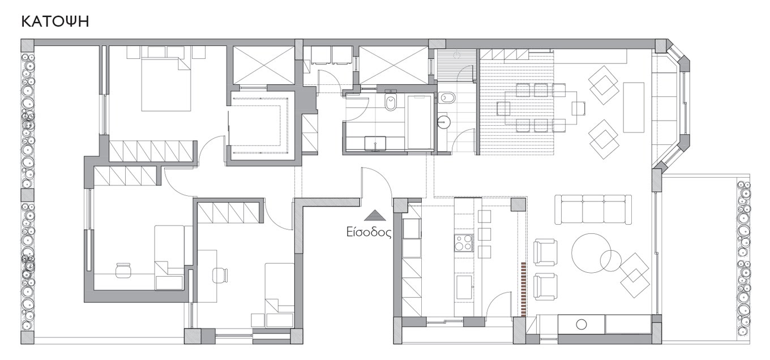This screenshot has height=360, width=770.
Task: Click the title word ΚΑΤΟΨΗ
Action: tap(55, 22)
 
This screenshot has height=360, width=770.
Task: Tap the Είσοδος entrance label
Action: tap(369, 233)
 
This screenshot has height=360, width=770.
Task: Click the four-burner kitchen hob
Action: tap(464, 242)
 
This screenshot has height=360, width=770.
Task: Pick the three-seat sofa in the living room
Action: tap(593, 209)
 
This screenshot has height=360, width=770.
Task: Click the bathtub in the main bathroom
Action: tap(420, 122)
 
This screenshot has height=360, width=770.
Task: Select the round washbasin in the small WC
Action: tap(444, 121)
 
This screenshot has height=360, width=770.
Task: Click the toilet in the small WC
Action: tap(447, 98)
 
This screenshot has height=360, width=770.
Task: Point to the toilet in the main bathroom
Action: tap(391, 101)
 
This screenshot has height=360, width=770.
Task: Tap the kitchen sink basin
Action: tap(464, 287)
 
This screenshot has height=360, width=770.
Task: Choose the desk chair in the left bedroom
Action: tap(123, 270)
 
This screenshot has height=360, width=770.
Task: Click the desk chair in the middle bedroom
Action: tap(220, 275)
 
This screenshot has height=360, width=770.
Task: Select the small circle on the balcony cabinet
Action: tap(581, 324)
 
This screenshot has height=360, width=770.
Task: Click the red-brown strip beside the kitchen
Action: tap(524, 289)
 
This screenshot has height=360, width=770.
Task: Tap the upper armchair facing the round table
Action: tap(545, 252)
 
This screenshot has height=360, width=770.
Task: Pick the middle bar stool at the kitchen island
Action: tap(484, 234)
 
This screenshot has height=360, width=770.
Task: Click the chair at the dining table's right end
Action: tap(579, 108)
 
